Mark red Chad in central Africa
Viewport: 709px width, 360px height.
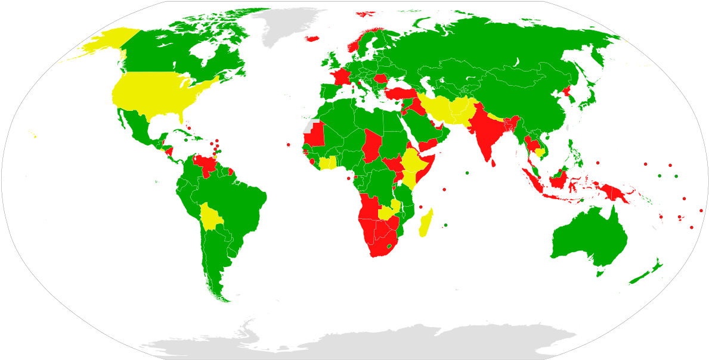click(373, 145)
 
